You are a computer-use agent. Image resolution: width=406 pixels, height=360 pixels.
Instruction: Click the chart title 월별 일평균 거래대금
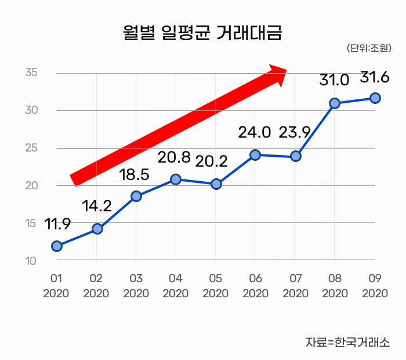click(202, 33)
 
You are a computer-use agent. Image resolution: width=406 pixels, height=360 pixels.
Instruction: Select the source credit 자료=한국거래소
click(347, 343)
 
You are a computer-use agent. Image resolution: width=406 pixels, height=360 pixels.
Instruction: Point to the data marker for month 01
click(57, 246)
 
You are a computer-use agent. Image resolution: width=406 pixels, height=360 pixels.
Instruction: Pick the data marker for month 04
click(176, 179)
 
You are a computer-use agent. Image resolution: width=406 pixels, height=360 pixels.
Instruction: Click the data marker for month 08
click(335, 103)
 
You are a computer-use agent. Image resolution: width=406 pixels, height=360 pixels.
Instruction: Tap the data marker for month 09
click(375, 98)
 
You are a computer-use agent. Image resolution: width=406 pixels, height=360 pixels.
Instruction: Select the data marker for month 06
click(255, 155)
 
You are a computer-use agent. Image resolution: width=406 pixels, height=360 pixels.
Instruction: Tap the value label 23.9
click(295, 132)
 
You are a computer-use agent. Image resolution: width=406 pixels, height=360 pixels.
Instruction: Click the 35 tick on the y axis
click(31, 73)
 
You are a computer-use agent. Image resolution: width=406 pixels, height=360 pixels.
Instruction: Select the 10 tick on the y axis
click(31, 261)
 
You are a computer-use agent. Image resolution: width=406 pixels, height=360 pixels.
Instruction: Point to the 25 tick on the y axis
click(31, 148)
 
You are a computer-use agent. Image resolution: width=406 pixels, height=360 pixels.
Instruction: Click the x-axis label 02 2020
click(96, 286)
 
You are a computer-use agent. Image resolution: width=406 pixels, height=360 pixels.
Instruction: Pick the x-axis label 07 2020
click(295, 286)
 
